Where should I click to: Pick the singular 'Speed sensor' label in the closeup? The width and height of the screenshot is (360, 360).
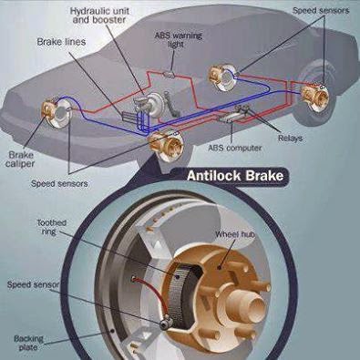coord(32,283)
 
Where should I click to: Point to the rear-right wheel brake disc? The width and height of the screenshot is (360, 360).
coord(316,93)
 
